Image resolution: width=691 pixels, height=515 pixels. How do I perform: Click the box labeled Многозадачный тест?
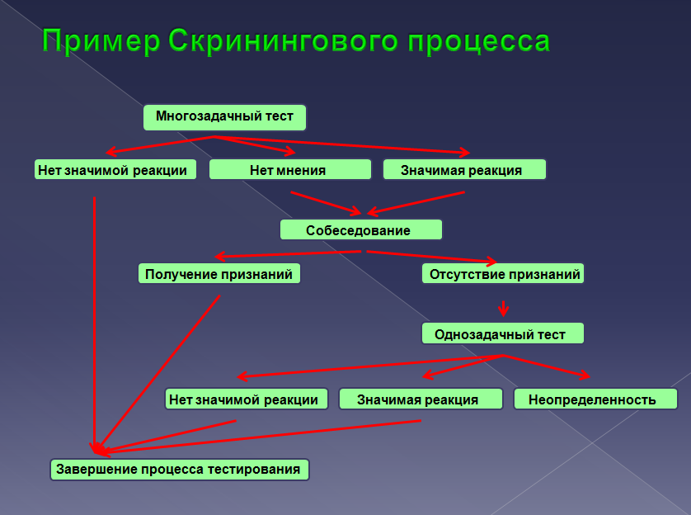(x=225, y=117)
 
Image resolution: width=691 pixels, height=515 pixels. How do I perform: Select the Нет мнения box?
(x=290, y=170)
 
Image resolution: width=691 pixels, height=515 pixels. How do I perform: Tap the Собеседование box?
(x=361, y=229)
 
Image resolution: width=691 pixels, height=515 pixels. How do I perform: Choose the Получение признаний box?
(x=219, y=273)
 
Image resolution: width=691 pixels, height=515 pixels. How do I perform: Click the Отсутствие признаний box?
(x=503, y=273)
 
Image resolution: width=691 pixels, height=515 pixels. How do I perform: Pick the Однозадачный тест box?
(x=503, y=333)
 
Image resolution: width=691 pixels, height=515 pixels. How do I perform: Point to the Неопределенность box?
(x=595, y=399)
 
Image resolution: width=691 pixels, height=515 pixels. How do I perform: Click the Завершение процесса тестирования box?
(x=180, y=470)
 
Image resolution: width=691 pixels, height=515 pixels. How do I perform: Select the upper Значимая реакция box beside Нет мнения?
(x=464, y=170)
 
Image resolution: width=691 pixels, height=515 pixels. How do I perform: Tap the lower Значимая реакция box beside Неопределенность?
(x=421, y=399)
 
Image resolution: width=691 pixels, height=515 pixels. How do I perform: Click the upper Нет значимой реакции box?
(x=115, y=170)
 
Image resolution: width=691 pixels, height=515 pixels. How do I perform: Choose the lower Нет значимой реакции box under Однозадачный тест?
(x=247, y=399)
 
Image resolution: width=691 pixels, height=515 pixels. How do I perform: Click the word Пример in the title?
(x=101, y=41)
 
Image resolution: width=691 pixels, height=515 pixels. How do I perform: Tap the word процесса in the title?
(x=479, y=42)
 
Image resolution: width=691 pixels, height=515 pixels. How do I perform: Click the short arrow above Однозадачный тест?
(x=503, y=309)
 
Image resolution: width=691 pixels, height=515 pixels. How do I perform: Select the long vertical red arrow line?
(x=94, y=325)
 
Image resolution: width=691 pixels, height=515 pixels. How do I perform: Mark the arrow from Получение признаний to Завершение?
(x=158, y=374)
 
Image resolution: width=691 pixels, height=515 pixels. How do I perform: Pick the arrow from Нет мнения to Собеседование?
(x=326, y=204)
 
